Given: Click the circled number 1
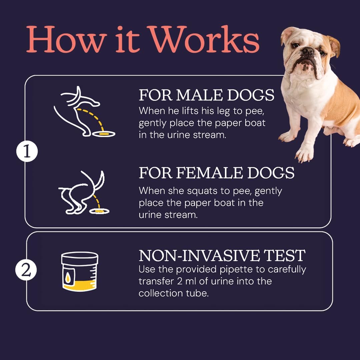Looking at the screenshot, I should pos(27,152).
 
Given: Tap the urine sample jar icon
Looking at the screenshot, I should pos(80,272).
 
